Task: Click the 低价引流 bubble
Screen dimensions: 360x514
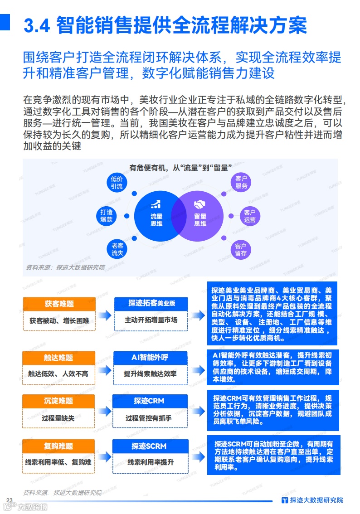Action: pos(117,182)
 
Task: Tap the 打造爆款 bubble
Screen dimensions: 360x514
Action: pos(107,216)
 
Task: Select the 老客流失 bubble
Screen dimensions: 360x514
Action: pos(117,249)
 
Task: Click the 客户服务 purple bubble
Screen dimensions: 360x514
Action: pos(241,182)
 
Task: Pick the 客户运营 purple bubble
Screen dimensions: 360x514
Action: pos(250,216)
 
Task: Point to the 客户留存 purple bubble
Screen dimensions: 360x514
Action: pos(241,249)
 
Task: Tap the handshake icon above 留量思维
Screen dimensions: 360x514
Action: pos(200,204)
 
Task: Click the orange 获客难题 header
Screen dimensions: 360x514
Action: pos(59,304)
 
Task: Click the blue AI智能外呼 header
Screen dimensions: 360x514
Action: pos(150,358)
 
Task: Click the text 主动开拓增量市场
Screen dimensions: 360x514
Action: pos(151,320)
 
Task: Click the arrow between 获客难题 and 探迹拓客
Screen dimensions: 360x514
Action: pos(104,315)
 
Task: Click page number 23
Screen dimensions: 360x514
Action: pos(9,500)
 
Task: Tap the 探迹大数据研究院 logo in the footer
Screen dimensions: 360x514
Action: pos(312,500)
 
